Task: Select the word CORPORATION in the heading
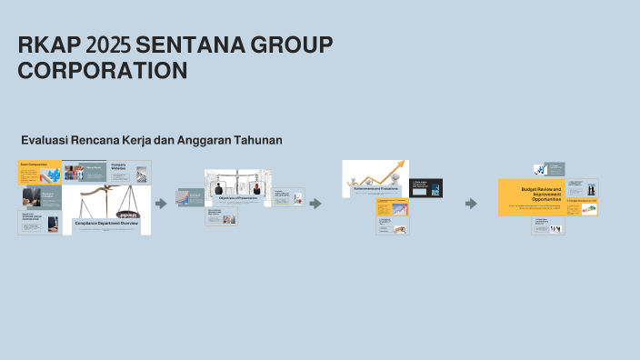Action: [103, 71]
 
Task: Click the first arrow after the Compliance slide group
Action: [161, 204]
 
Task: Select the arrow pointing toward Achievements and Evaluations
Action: [315, 204]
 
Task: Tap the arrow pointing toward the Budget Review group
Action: [471, 204]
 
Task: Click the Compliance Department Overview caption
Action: [112, 223]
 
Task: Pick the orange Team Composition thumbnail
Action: [39, 171]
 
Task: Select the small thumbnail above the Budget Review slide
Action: [548, 169]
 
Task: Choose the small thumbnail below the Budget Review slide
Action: [548, 225]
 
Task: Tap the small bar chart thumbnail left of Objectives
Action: [187, 198]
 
